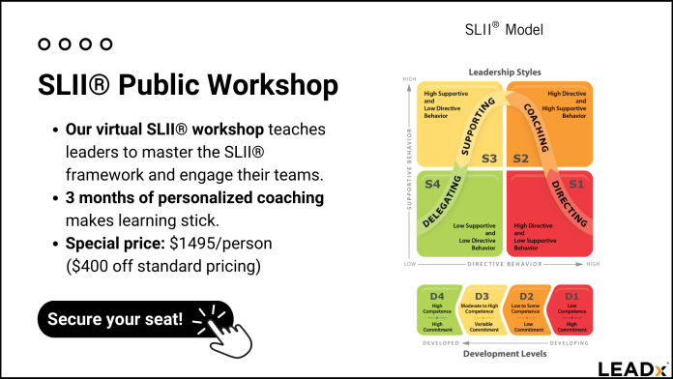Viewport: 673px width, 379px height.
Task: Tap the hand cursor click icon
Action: tap(226, 328)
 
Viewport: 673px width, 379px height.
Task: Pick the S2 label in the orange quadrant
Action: tap(520, 158)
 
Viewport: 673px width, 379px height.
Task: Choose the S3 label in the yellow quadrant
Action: tap(488, 158)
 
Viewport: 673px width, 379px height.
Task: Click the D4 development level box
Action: tap(437, 310)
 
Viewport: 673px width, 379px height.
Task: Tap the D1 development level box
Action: tap(571, 310)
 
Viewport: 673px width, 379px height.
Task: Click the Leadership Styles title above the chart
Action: tap(505, 73)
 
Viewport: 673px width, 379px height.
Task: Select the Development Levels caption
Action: tap(505, 354)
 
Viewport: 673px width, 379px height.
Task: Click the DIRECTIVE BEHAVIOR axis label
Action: tap(504, 264)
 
